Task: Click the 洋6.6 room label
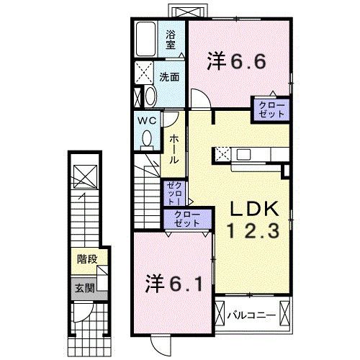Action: [237, 61]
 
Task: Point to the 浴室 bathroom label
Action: [171, 39]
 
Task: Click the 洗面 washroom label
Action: [169, 77]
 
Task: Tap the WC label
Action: [147, 120]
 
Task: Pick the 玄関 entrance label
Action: [86, 288]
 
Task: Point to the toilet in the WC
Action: [147, 138]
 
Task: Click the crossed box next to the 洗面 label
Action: [143, 73]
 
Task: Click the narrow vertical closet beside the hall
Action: [175, 192]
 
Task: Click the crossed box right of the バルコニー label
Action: [287, 315]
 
